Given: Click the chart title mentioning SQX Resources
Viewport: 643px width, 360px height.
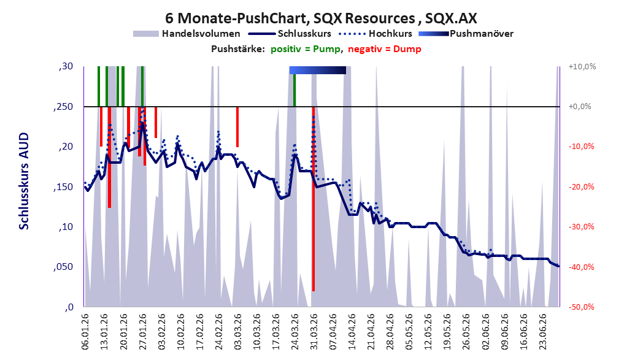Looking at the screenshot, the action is click(321, 18).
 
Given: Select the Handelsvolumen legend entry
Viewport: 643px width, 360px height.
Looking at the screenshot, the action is click(187, 34).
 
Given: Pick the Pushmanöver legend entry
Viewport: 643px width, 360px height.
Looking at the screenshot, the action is click(466, 34).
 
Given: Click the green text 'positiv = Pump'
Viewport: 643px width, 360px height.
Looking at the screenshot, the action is click(306, 49).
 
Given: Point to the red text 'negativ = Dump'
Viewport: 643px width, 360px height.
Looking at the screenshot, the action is click(384, 49).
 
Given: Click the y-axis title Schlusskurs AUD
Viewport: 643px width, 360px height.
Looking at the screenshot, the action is click(24, 181).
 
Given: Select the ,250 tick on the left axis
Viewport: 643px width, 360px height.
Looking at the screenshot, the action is click(63, 107).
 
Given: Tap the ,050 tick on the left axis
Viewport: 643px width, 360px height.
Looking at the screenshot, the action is click(63, 267).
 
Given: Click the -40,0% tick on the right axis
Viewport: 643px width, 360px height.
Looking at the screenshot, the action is click(581, 267).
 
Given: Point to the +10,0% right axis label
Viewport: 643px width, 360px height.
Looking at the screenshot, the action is click(582, 66).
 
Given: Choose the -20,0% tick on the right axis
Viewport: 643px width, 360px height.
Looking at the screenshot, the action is click(581, 186).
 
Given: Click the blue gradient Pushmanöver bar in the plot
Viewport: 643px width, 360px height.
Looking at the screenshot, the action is click(318, 70).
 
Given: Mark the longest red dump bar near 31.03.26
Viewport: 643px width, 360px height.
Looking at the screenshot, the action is click(314, 199).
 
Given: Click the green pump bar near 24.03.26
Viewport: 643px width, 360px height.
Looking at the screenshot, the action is click(295, 90).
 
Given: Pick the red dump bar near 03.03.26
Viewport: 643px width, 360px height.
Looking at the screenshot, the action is click(237, 127).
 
